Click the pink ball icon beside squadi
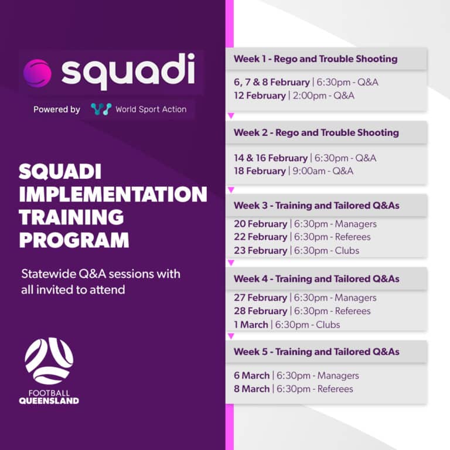[37, 73]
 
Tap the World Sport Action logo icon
[101, 109]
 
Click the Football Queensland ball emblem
[49, 361]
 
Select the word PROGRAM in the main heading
[74, 239]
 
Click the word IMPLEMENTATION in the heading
[113, 195]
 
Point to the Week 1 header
[316, 59]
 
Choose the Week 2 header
[316, 132]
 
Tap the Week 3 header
[316, 206]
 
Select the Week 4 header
[316, 279]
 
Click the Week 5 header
[316, 352]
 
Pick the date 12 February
[260, 96]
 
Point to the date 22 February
[261, 237]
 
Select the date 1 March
[251, 325]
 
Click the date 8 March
[252, 389]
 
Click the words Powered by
[57, 110]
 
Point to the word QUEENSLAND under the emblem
[49, 401]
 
